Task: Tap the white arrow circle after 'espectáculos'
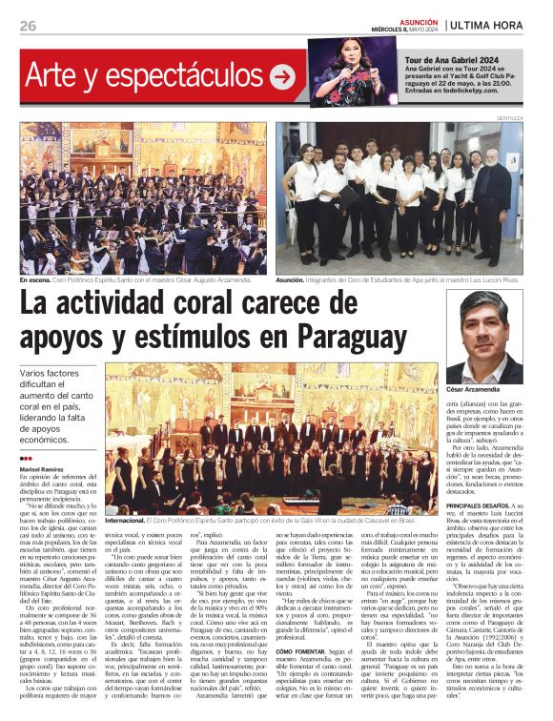tap(283, 77)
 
